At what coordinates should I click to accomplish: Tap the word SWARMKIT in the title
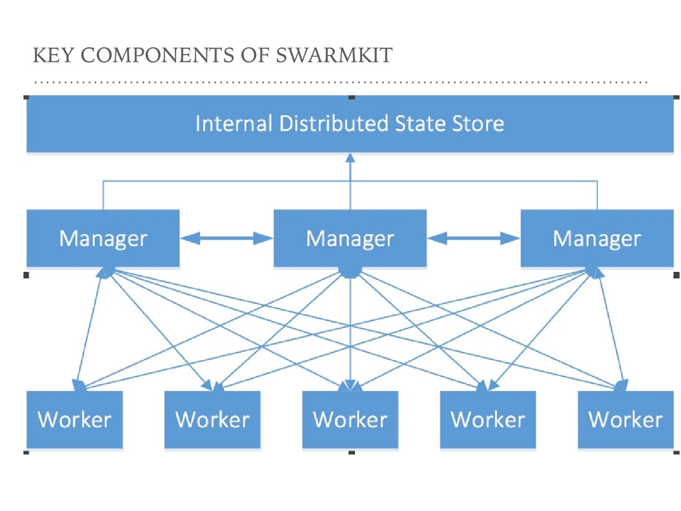coord(334,56)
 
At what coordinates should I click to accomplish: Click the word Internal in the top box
coord(234,124)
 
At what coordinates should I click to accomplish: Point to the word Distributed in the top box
coord(333,124)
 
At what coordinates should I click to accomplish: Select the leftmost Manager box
coord(103,238)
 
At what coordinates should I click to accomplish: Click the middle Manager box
coord(350,238)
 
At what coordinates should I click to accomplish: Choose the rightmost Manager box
coord(597,238)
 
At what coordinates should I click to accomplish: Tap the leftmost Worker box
coord(75,420)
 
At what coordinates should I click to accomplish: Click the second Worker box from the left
coord(212,420)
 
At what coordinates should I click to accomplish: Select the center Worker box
coord(350,420)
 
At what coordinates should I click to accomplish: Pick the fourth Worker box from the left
coord(488,420)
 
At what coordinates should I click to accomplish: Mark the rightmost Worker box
coord(625,420)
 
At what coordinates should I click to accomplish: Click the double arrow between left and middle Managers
coord(227,238)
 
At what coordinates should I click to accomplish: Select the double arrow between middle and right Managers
coord(473,238)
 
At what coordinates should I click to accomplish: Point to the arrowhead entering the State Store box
coord(350,158)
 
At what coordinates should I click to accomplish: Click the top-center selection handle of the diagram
coord(352,97)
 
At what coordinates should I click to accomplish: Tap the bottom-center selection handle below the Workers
coord(352,452)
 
